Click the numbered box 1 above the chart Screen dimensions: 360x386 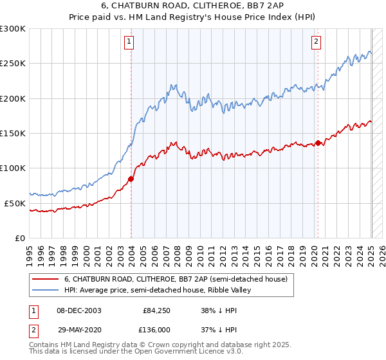click(x=129, y=42)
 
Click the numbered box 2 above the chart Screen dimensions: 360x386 click(x=317, y=42)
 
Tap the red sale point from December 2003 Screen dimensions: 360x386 click(x=131, y=179)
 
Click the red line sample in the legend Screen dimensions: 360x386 click(x=46, y=280)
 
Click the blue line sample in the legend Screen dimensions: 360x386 click(x=46, y=290)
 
